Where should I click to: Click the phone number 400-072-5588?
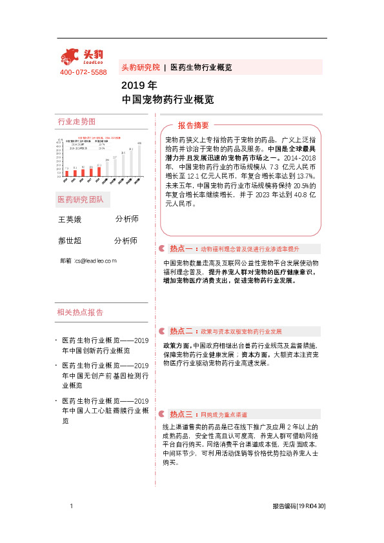pyautogui.click(x=83, y=72)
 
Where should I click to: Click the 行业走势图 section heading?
pyautogui.click(x=77, y=122)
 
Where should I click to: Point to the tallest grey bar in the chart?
pyautogui.click(x=139, y=159)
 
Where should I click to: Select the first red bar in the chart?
pyautogui.click(x=66, y=172)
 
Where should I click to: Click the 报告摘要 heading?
pyautogui.click(x=194, y=125)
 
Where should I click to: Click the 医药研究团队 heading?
pyautogui.click(x=81, y=199)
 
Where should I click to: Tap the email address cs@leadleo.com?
pyautogui.click(x=95, y=261)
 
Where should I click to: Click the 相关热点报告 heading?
pyautogui.click(x=81, y=313)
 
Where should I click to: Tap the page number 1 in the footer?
pyautogui.click(x=70, y=507)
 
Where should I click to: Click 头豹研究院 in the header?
pyautogui.click(x=141, y=67)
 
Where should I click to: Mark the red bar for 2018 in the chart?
pyautogui.click(x=99, y=169)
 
